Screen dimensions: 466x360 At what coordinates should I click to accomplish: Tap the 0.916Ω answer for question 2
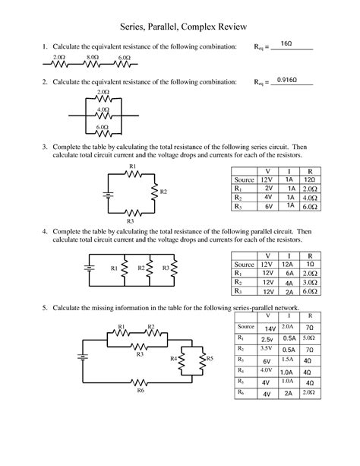click(x=287, y=79)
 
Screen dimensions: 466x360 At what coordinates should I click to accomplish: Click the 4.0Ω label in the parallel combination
click(x=104, y=109)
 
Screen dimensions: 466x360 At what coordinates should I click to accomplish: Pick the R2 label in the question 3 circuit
click(x=163, y=192)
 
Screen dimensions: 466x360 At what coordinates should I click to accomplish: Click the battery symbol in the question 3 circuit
click(x=108, y=195)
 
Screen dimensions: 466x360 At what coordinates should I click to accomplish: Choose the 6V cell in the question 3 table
click(x=269, y=206)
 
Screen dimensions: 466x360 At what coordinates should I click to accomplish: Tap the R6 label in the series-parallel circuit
click(x=141, y=391)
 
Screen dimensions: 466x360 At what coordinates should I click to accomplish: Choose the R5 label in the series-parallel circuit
click(x=210, y=358)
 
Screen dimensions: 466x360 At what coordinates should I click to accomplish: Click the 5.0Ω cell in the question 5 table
click(x=308, y=337)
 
